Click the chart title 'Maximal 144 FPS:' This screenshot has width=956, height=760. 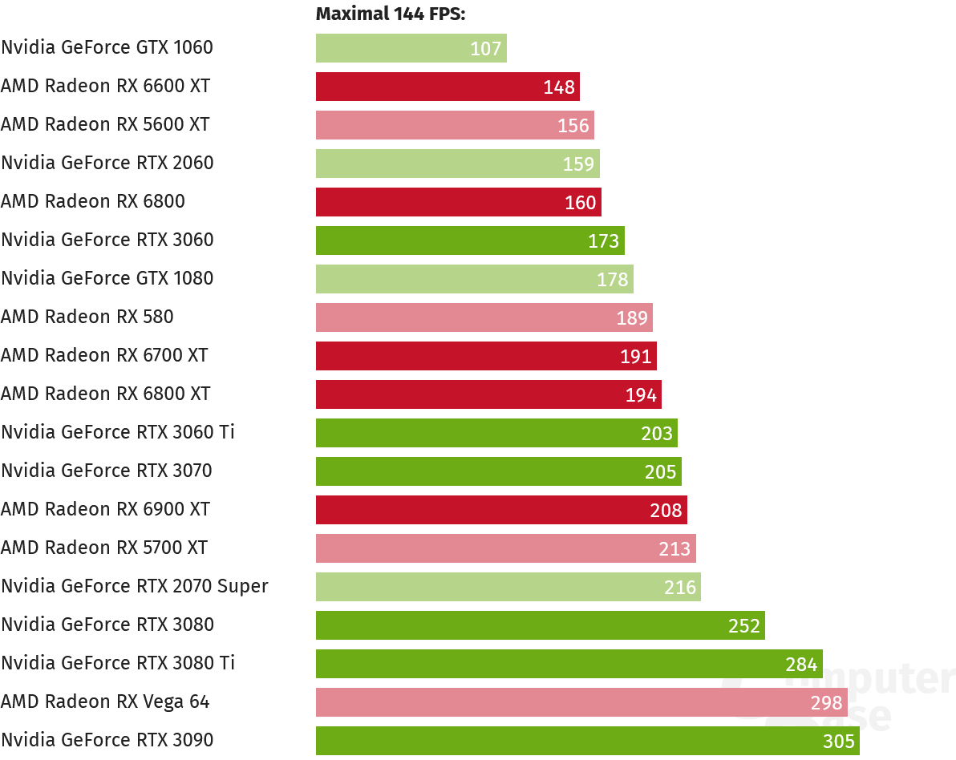pos(391,14)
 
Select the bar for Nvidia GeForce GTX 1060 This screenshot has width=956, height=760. pos(411,48)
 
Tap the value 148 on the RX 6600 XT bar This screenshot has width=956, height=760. pos(559,87)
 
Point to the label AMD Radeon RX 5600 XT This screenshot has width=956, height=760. pos(105,124)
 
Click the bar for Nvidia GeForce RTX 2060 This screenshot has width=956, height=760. pos(457,164)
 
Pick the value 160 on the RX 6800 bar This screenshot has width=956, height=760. pos(581,202)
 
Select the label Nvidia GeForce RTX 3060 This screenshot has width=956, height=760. pos(107,240)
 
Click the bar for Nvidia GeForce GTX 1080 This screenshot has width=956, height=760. pos(474,279)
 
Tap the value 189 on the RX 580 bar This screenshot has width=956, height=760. pos(632,317)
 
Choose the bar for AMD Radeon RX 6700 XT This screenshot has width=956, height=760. pos(486,356)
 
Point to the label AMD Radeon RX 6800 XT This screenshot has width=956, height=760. pos(105,394)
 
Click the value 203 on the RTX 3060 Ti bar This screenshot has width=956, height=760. pos(657,433)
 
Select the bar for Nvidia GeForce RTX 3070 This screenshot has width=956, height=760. pos(498,471)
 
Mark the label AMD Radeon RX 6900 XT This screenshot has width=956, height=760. pos(105,509)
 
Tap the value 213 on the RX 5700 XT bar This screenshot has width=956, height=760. pos(674,548)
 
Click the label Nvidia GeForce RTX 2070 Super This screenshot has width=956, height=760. pos(135,586)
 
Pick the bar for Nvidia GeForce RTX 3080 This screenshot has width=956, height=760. pos(540,625)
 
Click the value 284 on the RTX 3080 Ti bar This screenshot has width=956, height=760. pos(801,664)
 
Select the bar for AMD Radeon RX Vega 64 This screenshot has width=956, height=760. pos(581,702)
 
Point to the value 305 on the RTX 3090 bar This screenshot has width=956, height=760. pos(839,741)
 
